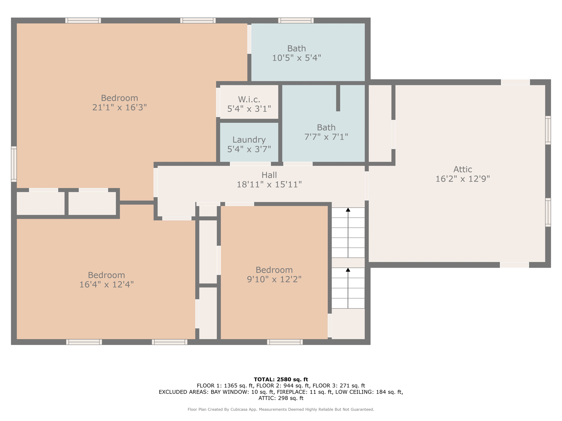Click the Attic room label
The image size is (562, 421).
pyautogui.click(x=463, y=169)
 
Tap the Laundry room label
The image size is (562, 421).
pyautogui.click(x=249, y=140)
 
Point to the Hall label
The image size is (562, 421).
pyautogui.click(x=269, y=175)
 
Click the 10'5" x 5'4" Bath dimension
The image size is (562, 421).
pyautogui.click(x=297, y=58)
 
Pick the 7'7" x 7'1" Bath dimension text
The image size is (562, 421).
pyautogui.click(x=326, y=136)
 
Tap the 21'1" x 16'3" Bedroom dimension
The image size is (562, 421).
pyautogui.click(x=120, y=107)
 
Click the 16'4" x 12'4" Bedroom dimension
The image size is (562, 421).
pyautogui.click(x=106, y=285)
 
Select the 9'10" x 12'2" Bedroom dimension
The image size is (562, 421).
pyautogui.click(x=274, y=279)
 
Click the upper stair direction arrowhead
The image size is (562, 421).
pyautogui.click(x=348, y=210)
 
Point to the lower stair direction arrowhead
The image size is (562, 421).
pyautogui.click(x=348, y=270)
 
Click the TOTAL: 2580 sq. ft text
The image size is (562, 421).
pyautogui.click(x=281, y=379)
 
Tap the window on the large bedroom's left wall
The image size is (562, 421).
pyautogui.click(x=14, y=164)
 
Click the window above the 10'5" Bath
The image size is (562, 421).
pyautogui.click(x=296, y=21)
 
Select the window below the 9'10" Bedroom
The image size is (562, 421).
pyautogui.click(x=285, y=342)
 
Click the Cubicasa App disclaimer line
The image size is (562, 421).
pyautogui.click(x=281, y=409)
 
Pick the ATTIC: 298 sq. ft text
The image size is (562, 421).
pyautogui.click(x=281, y=398)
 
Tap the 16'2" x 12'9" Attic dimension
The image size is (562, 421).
pyautogui.click(x=463, y=179)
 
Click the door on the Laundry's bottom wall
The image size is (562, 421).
pyautogui.click(x=250, y=164)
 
